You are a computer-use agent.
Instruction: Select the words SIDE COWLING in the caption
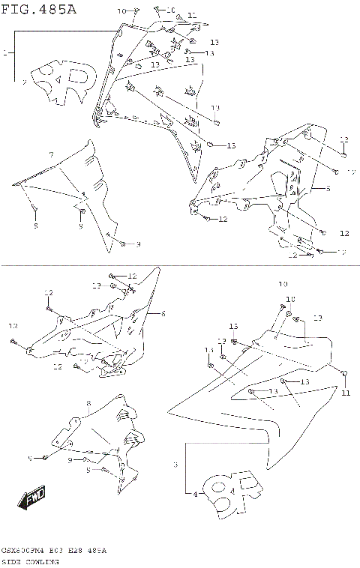coord(30,561)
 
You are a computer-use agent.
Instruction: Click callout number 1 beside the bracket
coord(5,53)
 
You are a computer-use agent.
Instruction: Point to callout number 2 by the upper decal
coord(25,82)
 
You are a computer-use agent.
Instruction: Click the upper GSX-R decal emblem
coord(67,82)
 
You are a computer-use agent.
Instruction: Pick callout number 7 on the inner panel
coord(51,154)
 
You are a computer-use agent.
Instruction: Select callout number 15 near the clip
coord(231,145)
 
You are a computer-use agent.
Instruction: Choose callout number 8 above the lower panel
coord(88,403)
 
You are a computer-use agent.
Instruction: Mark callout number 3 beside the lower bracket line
coord(175,465)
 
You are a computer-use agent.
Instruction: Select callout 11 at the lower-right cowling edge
coord(346,392)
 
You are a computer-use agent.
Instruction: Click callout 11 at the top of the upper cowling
coord(191,15)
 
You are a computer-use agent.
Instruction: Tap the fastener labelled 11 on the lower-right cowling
coord(343,374)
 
